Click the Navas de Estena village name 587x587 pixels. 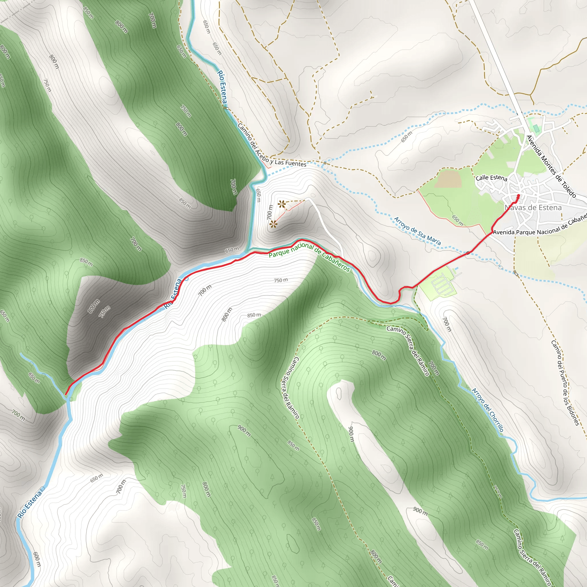click(533, 208)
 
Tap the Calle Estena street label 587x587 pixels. click(491, 178)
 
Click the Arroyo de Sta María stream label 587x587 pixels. click(417, 231)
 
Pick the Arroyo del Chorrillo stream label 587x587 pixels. click(488, 410)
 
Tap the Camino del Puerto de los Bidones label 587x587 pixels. click(565, 383)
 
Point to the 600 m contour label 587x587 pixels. click(37, 560)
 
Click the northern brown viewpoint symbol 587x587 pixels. click(282, 204)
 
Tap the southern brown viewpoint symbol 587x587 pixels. click(273, 224)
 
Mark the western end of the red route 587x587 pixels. click(66, 394)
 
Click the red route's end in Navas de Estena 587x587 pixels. click(518, 195)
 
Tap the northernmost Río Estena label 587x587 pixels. click(222, 87)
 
